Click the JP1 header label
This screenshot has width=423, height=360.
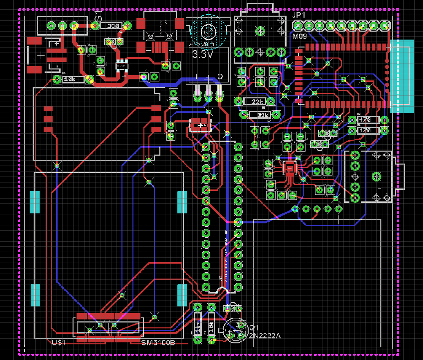(299, 15)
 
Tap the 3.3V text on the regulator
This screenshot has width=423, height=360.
(203, 54)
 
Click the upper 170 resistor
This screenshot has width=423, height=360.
(366, 120)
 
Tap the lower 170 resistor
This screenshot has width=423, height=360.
(366, 131)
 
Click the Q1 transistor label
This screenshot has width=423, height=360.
(254, 327)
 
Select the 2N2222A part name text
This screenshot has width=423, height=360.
(264, 336)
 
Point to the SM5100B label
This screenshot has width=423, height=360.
(158, 343)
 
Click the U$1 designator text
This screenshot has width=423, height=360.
(59, 343)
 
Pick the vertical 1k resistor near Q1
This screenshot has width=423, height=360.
(197, 324)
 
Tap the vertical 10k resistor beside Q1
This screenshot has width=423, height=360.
(211, 324)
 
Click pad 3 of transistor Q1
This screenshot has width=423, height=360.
(241, 324)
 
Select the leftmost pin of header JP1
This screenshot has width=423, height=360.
(298, 26)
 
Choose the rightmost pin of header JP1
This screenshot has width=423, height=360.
(384, 26)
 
